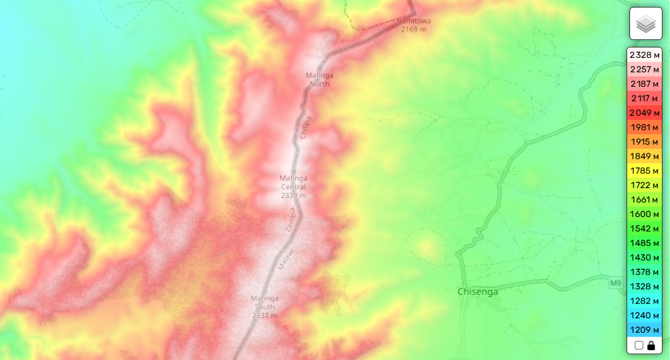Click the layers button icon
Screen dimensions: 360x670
(646, 24)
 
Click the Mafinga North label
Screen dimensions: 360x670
(319, 79)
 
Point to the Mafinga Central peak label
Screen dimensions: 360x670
(293, 186)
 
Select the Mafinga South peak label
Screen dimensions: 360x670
(264, 307)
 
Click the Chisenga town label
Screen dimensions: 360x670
(478, 292)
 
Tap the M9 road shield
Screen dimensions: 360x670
(615, 283)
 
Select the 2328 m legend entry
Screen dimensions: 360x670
(645, 55)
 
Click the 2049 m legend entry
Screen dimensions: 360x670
(645, 113)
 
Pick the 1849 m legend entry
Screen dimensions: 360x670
(645, 156)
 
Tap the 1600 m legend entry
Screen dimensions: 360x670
(645, 214)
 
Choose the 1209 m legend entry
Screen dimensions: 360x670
(645, 330)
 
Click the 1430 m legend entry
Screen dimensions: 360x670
(645, 258)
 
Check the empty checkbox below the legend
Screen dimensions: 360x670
(639, 346)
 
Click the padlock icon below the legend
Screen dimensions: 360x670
(651, 346)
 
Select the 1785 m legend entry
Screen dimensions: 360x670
(645, 171)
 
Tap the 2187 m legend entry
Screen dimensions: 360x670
(645, 84)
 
